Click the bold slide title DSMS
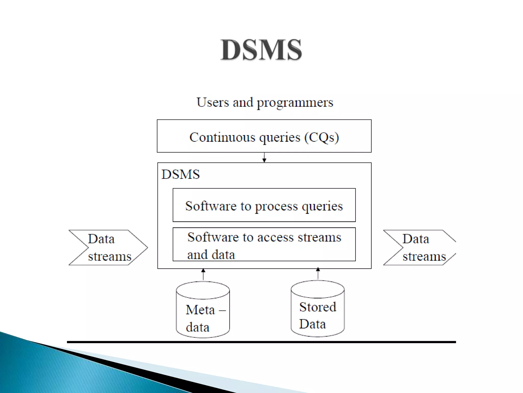[x=261, y=50]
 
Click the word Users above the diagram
[x=213, y=102]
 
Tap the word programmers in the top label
[x=295, y=103]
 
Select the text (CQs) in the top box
[x=322, y=137]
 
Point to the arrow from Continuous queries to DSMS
[x=264, y=157]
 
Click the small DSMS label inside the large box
[x=181, y=174]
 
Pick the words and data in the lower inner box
[x=211, y=255]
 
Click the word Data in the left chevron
[x=101, y=239]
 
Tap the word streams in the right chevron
[x=424, y=256]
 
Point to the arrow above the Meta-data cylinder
[x=203, y=274]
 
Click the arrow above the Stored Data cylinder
[x=318, y=273]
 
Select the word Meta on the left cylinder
[x=200, y=310]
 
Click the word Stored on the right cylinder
[x=318, y=307]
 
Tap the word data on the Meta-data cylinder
[x=198, y=327]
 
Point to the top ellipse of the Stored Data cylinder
[x=318, y=289]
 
